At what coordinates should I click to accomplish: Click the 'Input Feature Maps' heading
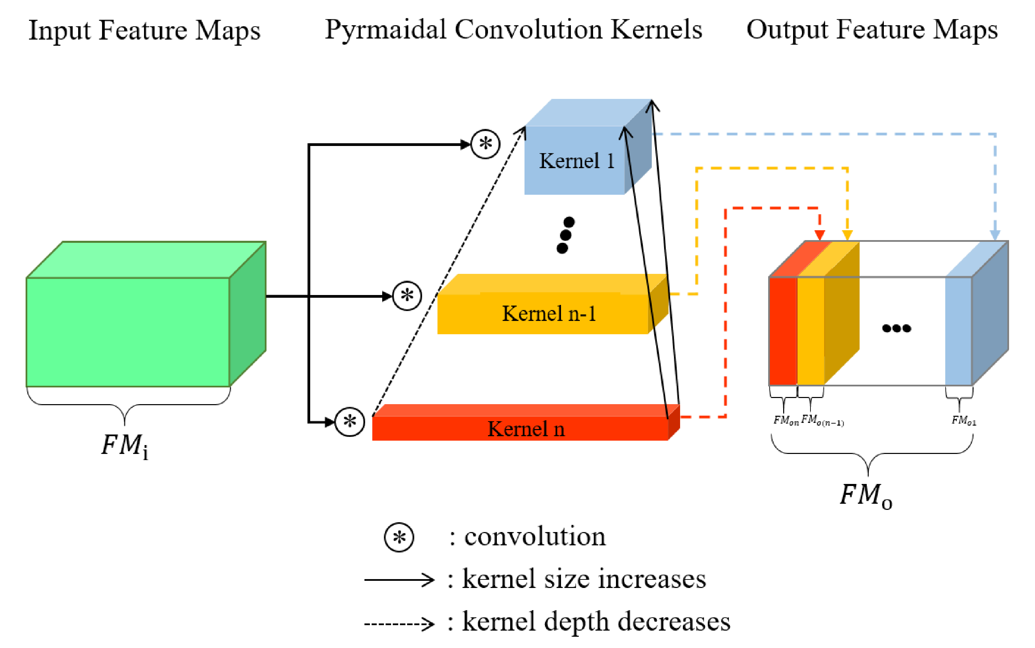pyautogui.click(x=144, y=31)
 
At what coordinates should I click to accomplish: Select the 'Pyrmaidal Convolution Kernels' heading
pyautogui.click(x=513, y=30)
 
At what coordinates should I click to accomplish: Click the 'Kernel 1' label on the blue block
pyautogui.click(x=576, y=161)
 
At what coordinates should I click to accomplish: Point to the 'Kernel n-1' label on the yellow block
pyautogui.click(x=549, y=314)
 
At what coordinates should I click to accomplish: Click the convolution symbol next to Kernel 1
pyautogui.click(x=485, y=144)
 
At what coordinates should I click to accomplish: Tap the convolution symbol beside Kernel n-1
pyautogui.click(x=407, y=296)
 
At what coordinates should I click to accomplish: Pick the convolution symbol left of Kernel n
pyautogui.click(x=349, y=422)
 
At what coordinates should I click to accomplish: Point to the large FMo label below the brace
pyautogui.click(x=865, y=496)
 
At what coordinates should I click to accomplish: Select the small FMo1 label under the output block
pyautogui.click(x=963, y=421)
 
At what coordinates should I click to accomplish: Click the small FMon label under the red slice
pyautogui.click(x=786, y=421)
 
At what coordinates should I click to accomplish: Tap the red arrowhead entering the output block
pyautogui.click(x=819, y=235)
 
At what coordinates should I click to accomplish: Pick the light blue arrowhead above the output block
pyautogui.click(x=995, y=235)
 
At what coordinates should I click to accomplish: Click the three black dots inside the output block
pyautogui.click(x=896, y=328)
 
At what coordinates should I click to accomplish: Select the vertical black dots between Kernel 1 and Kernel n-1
pyautogui.click(x=565, y=235)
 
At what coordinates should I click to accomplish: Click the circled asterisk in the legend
pyautogui.click(x=399, y=537)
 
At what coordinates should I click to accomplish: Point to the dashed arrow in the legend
pyautogui.click(x=399, y=623)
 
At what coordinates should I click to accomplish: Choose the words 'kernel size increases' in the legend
pyautogui.click(x=583, y=579)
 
